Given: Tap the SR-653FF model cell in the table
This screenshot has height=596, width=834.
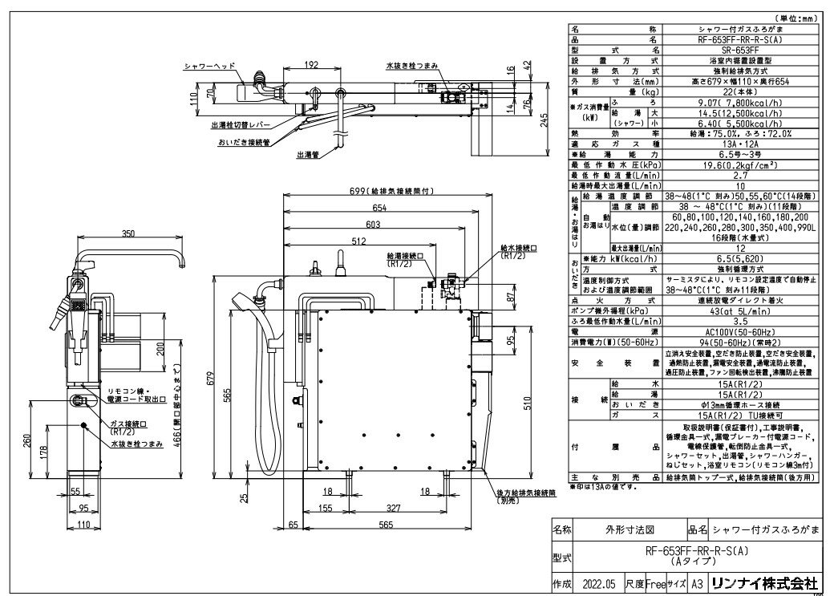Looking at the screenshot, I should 735,48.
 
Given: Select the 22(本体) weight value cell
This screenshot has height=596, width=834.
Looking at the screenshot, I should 735,92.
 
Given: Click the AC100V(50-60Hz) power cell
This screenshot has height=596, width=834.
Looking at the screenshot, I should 735,330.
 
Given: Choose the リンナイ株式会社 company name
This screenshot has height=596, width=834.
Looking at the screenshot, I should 777,582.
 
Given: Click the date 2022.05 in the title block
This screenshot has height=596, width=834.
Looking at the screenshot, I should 600,582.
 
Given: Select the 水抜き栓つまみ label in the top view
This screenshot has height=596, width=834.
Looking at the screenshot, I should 410,66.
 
